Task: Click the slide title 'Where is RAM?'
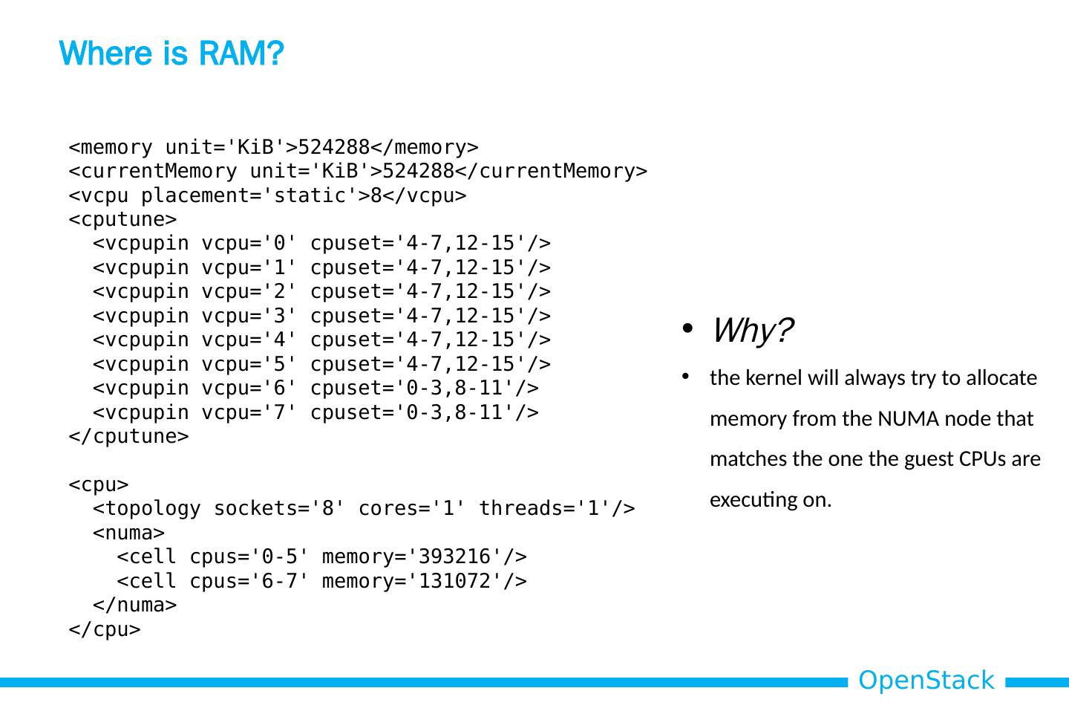[171, 53]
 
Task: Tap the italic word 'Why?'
[752, 330]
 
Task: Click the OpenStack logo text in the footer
[926, 681]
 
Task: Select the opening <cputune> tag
[122, 219]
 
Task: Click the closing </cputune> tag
[128, 436]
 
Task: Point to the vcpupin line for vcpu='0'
[321, 243]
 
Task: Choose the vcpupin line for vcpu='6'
[316, 388]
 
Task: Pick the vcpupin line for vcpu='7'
[316, 412]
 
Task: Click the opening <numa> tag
[128, 533]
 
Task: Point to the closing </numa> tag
[134, 605]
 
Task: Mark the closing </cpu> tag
[105, 629]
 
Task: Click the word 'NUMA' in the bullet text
[900, 419]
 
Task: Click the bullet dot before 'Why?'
[687, 329]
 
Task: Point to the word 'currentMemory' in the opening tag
[158, 171]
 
